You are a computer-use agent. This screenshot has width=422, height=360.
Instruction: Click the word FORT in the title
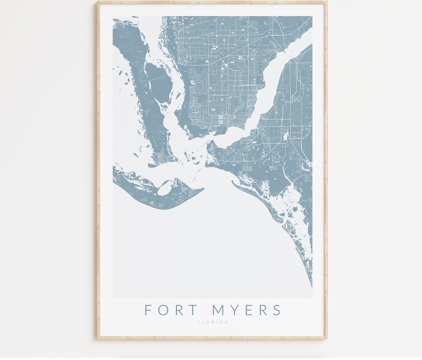click(167, 310)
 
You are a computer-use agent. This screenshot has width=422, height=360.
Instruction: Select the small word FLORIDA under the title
click(213, 322)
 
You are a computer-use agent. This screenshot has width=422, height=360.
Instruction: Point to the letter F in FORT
click(148, 310)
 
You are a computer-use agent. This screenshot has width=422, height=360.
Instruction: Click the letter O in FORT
click(160, 310)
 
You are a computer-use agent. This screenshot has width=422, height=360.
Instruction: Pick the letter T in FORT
click(185, 310)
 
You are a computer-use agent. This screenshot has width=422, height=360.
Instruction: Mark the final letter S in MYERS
click(276, 310)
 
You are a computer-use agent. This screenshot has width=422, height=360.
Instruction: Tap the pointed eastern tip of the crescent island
click(203, 189)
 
